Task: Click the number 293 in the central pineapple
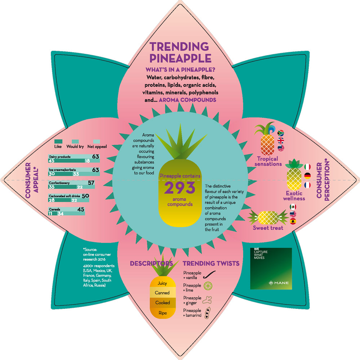pyautogui.click(x=180, y=188)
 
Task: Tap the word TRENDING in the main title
pyautogui.click(x=179, y=47)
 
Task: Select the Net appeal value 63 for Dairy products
pyautogui.click(x=95, y=157)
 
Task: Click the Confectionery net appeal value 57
pyautogui.click(x=91, y=183)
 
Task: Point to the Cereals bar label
pyautogui.click(x=55, y=210)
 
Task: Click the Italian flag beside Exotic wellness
pyautogui.click(x=307, y=167)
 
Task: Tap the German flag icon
pyautogui.click(x=307, y=176)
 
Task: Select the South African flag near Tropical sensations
pyautogui.click(x=280, y=133)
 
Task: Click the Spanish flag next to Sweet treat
pyautogui.click(x=293, y=221)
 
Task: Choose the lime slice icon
pyautogui.click(x=208, y=286)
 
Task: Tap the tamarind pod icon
pyautogui.click(x=208, y=313)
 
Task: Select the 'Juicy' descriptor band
pyautogui.click(x=162, y=283)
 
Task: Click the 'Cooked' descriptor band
pyautogui.click(x=163, y=303)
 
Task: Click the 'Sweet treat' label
pyautogui.click(x=268, y=228)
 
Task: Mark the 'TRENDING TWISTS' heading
pyautogui.click(x=211, y=264)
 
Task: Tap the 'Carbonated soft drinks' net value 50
pyautogui.click(x=86, y=196)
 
